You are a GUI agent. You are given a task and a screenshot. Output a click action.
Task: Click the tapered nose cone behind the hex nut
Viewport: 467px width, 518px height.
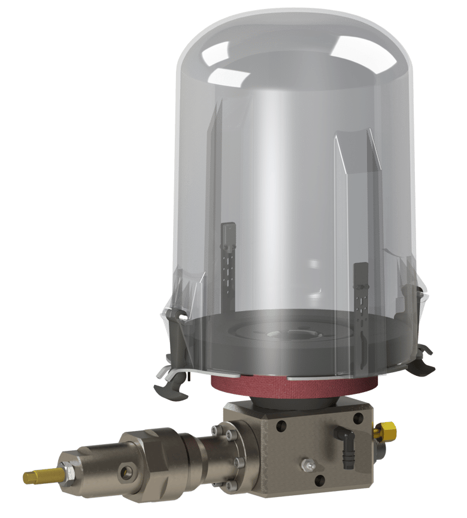(x=96, y=468)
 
